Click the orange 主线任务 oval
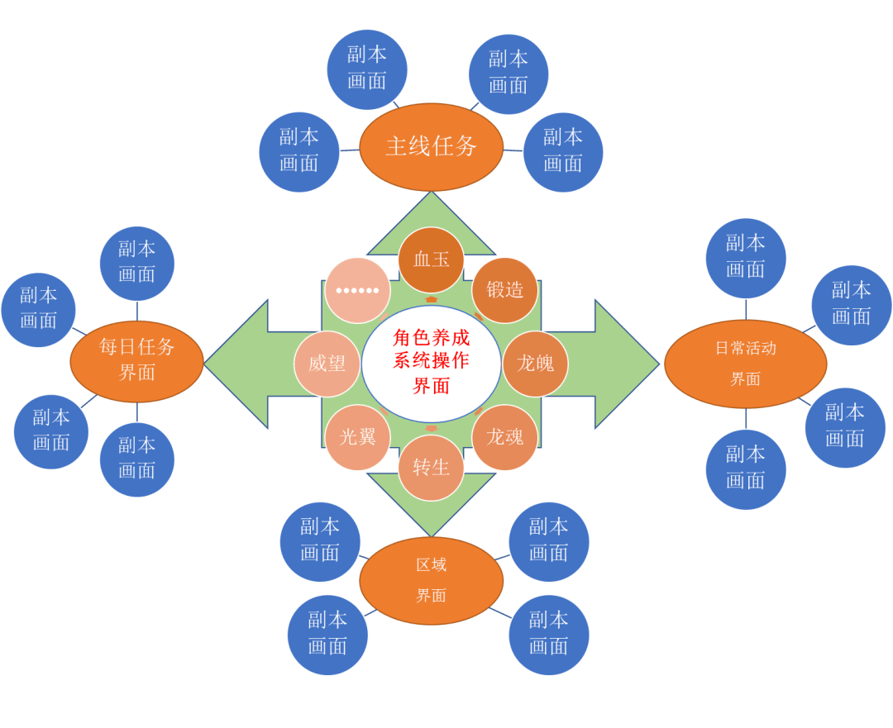[431, 146]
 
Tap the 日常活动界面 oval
[745, 364]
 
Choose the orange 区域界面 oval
[431, 580]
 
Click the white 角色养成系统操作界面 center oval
[431, 362]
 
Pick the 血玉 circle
[431, 259]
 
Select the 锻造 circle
[504, 290]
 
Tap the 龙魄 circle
[535, 364]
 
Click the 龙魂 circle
[504, 437]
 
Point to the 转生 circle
[431, 468]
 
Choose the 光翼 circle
[357, 437]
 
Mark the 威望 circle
[327, 364]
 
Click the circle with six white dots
[357, 290]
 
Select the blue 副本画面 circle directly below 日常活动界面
[745, 469]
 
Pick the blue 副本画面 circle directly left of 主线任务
[298, 151]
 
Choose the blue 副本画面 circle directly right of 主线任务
[562, 151]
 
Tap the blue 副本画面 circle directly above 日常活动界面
[745, 257]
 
